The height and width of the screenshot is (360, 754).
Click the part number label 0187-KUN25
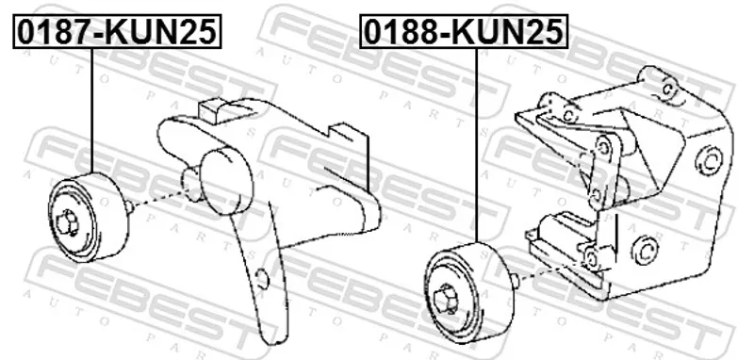click(x=117, y=32)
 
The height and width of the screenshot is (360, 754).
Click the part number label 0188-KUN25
click(x=464, y=32)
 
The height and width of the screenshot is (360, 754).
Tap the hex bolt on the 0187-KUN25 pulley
click(x=67, y=223)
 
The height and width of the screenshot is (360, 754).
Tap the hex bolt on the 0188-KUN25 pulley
click(x=445, y=300)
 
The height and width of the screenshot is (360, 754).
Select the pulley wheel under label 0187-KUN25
click(x=88, y=218)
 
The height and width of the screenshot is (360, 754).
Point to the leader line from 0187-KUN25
click(x=91, y=110)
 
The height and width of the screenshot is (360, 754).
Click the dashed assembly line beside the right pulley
click(x=552, y=271)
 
